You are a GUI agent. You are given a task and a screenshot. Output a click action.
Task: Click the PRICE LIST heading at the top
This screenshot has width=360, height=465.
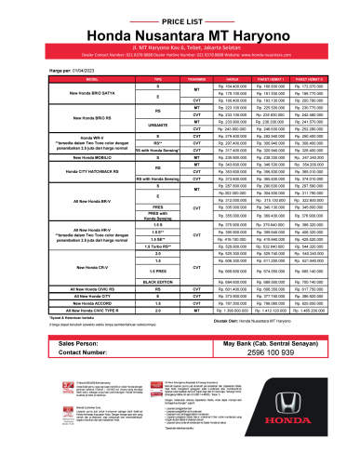click(180, 17)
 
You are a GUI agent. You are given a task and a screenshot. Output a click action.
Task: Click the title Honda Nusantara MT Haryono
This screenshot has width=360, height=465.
click(180, 30)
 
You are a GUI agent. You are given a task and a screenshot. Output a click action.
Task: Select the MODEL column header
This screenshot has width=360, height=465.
click(67, 79)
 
